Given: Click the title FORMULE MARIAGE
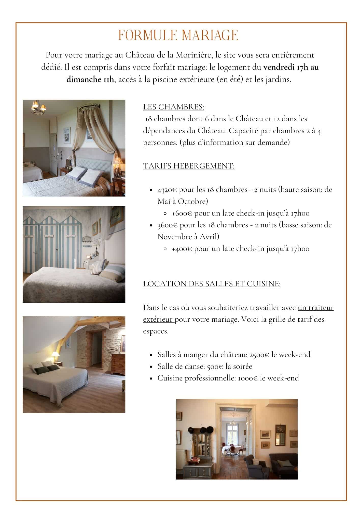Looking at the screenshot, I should point(178,35).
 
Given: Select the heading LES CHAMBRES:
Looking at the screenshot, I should point(174,107).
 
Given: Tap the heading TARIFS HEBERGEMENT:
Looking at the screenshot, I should point(189,166).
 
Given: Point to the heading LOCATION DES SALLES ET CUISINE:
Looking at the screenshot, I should point(212,284).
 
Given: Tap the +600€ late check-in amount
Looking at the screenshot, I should point(182,213).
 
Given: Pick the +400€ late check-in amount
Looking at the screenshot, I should point(182,249).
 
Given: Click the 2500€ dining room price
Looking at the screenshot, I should point(259,355).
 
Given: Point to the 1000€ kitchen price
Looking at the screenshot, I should point(248,378).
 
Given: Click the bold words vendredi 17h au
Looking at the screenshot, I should point(291,67).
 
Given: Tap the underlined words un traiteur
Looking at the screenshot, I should point(315,308).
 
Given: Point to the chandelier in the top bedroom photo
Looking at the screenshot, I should point(39,107).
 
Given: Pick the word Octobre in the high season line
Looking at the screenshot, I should point(192,201).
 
